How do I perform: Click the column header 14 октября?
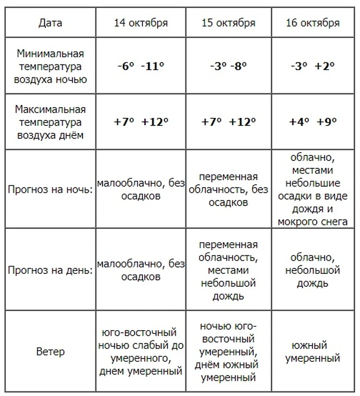click(141, 23)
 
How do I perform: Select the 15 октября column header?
click(228, 23)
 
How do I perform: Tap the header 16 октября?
click(312, 23)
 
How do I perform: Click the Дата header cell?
click(50, 23)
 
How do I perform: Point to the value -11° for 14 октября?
click(153, 66)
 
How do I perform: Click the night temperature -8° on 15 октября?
click(238, 66)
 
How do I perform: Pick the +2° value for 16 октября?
click(324, 66)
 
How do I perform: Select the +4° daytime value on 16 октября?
click(299, 122)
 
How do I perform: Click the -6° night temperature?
click(127, 66)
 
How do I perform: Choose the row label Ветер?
click(50, 352)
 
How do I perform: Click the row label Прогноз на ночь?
click(50, 189)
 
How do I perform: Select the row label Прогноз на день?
click(50, 270)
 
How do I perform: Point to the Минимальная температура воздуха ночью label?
click(50, 66)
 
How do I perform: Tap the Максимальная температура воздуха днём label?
click(50, 122)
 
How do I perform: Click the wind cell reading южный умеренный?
click(312, 352)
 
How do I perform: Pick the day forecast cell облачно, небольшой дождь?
click(312, 270)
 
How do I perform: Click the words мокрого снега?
click(312, 222)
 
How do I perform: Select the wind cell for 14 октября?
click(141, 352)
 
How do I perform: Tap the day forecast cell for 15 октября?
click(228, 270)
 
